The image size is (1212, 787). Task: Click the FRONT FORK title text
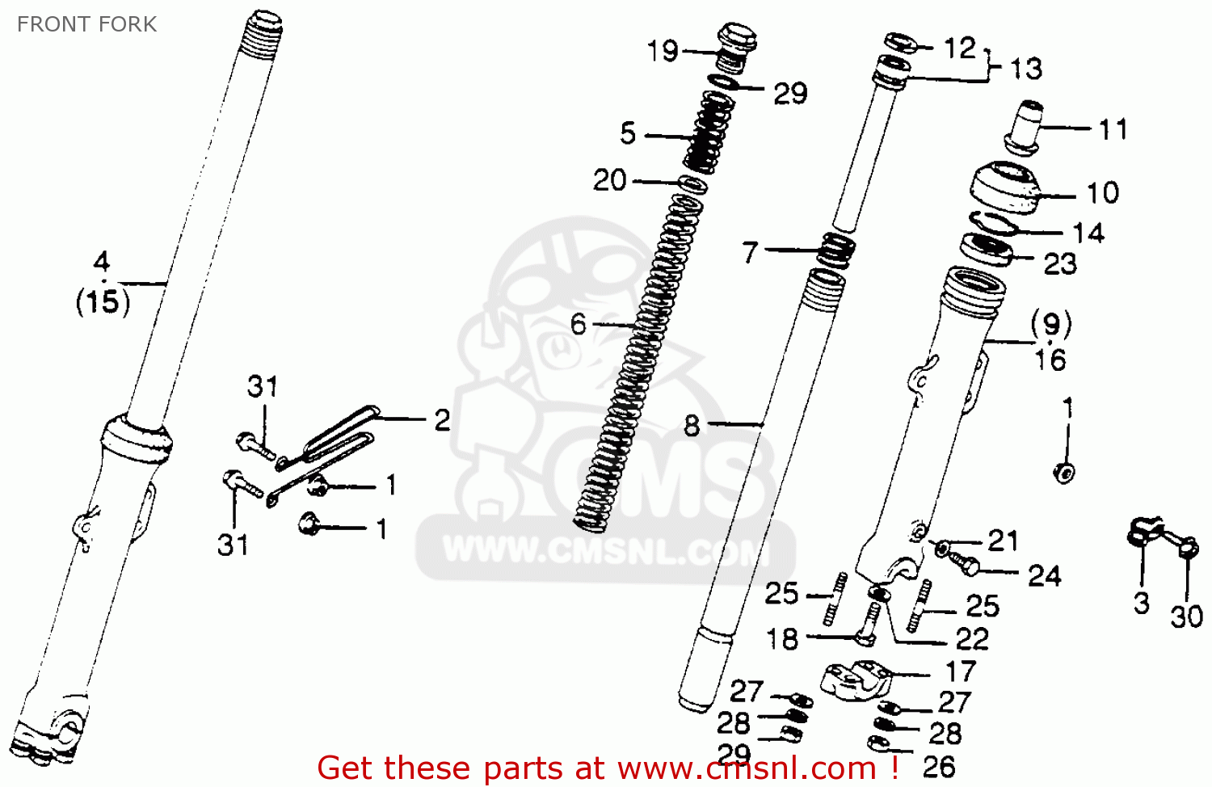[86, 24]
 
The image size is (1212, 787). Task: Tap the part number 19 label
[663, 51]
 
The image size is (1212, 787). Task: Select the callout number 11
[1112, 128]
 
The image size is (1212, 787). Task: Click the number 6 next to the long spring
[578, 325]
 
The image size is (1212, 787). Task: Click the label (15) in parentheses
[103, 302]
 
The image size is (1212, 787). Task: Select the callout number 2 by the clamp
[442, 420]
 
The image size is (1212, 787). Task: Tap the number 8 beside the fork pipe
[692, 425]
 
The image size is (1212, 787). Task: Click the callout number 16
[1050, 360]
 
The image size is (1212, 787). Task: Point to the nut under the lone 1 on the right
[1064, 472]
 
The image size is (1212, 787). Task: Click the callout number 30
[1186, 617]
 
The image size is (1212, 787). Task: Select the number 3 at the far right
[1141, 603]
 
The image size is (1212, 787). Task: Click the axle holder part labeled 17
[854, 680]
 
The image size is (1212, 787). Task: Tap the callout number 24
[1044, 575]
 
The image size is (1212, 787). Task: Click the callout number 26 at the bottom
[939, 766]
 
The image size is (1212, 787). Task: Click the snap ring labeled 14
[992, 224]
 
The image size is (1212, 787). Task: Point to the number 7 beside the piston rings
[751, 252]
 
